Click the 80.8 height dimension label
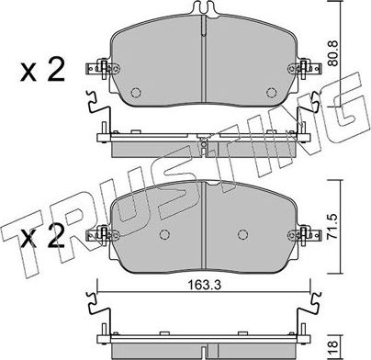[333, 54]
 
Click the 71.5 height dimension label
[333, 227]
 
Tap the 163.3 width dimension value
[205, 286]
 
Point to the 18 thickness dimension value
[334, 348]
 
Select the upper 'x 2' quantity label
[42, 71]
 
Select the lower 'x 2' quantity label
[42, 236]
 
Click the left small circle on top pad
[135, 92]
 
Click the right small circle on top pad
[271, 92]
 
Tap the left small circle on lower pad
[165, 234]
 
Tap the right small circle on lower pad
[242, 234]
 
